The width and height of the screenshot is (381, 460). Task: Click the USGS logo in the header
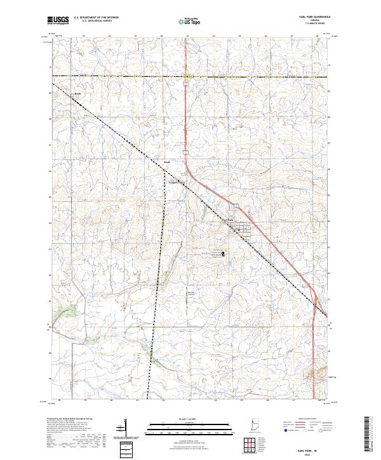point(58,20)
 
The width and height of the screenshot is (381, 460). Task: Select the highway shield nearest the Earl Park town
point(235,206)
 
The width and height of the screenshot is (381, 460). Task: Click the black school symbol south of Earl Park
point(223,253)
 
